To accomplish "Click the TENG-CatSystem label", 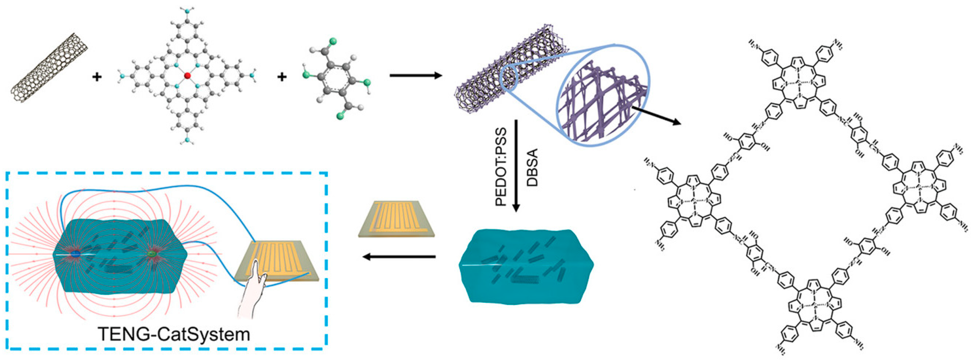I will pyautogui.click(x=174, y=334).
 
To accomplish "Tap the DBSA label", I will pyautogui.click(x=532, y=167).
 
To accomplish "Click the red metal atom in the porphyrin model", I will pyautogui.click(x=187, y=76).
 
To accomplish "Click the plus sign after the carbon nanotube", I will pyautogui.click(x=97, y=77).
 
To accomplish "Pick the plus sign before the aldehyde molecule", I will pyautogui.click(x=282, y=77).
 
